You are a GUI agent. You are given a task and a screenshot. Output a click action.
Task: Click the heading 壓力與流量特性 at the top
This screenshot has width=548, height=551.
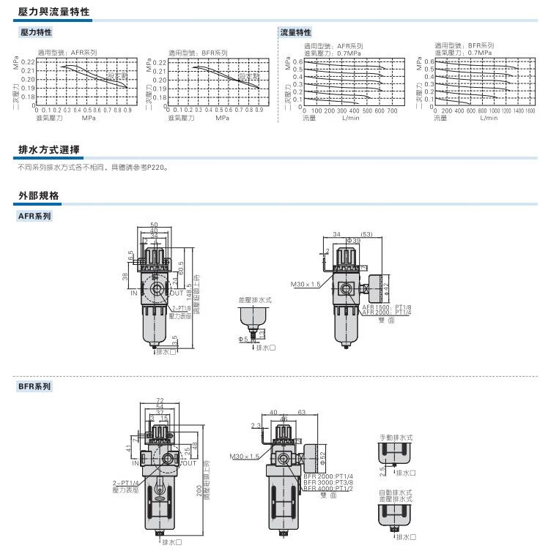pyautogui.click(x=53, y=12)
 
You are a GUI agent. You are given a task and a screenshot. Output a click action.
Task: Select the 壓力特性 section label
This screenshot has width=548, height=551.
pyautogui.click(x=35, y=33)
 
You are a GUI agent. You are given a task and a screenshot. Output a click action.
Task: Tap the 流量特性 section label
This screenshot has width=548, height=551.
pyautogui.click(x=296, y=33)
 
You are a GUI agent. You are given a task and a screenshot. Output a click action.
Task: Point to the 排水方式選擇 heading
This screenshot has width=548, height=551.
pyautogui.click(x=48, y=150)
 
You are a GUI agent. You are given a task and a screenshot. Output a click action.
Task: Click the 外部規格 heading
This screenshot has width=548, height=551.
pyautogui.click(x=38, y=195)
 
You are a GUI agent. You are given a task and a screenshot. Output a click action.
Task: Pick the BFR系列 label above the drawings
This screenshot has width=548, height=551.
pyautogui.click(x=34, y=386)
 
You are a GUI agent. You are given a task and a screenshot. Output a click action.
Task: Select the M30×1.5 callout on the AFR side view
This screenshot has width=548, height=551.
pyautogui.click(x=306, y=284)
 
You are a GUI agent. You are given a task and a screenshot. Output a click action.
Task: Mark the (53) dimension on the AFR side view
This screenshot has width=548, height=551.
pyautogui.click(x=367, y=234)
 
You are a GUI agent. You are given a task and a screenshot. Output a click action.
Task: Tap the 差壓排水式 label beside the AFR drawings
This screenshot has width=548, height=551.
pyautogui.click(x=254, y=300)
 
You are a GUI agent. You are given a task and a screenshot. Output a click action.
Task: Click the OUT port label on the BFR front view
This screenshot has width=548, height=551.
pyautogui.click(x=187, y=462)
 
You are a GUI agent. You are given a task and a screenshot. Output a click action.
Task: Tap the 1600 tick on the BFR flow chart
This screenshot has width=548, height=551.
pyautogui.click(x=530, y=110)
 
